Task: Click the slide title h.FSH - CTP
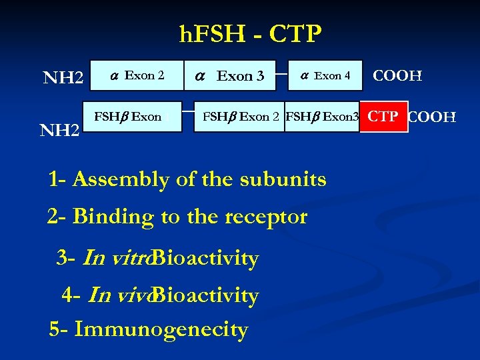251,33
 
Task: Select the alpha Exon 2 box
138,75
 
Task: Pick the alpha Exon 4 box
325,75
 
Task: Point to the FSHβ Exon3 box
322,117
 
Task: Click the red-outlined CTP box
383,117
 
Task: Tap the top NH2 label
63,78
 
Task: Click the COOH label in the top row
397,76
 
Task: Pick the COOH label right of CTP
432,118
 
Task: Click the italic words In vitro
116,258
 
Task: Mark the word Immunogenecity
161,329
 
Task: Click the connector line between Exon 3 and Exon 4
277,66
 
